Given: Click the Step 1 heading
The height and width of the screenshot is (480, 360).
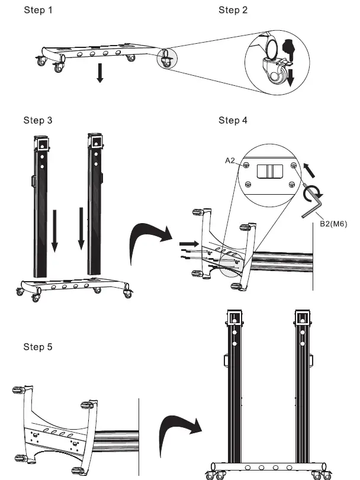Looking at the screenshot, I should (38, 10).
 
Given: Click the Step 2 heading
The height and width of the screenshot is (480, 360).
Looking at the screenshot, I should (233, 10).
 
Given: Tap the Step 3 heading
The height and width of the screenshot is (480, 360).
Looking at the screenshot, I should (38, 121).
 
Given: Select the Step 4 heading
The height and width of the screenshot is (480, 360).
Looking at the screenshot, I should (233, 121).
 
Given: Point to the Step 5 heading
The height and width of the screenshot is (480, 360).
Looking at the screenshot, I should (38, 346).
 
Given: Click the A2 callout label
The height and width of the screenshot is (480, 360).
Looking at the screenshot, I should (232, 160).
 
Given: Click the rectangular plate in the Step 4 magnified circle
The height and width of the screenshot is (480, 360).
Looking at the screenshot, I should (270, 172).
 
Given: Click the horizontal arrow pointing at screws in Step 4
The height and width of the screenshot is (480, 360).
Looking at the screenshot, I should (188, 242).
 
